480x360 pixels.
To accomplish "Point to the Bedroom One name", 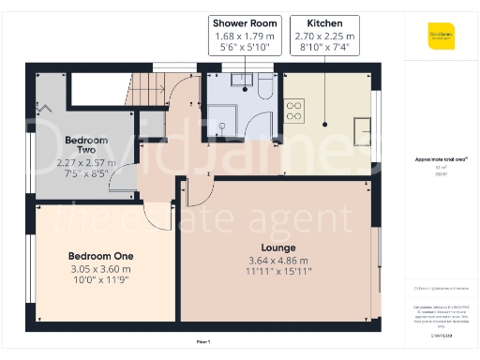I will point(100,256).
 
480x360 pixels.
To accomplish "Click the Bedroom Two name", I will point(85,145).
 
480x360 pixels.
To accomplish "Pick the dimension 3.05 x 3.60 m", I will point(100,267).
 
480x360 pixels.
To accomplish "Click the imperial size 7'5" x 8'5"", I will point(85,172).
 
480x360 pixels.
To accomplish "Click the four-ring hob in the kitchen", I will point(292,112).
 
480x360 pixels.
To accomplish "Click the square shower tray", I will point(223,119).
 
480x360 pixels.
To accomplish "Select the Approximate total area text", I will point(441,160).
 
